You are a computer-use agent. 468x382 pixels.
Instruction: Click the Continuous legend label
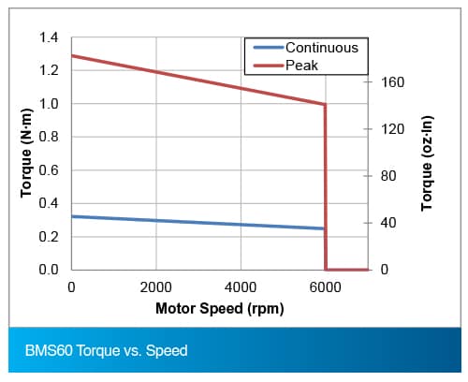click(322, 48)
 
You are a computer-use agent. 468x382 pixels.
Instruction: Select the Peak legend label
click(301, 66)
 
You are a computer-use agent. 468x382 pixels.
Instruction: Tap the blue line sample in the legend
click(269, 48)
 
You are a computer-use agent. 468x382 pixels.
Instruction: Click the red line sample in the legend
click(269, 66)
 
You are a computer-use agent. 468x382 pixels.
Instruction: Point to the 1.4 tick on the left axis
click(49, 37)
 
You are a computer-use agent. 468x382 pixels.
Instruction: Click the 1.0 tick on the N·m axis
click(49, 104)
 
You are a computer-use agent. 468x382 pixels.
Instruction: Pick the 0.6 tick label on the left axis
click(49, 170)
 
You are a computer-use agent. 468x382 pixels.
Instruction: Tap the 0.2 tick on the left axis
click(49, 237)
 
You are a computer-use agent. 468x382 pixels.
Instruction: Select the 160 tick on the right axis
click(392, 82)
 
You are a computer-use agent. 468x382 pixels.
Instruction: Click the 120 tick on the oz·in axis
click(392, 129)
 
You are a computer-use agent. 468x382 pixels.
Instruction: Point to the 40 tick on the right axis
click(388, 223)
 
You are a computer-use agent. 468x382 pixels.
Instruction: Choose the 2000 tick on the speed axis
click(156, 287)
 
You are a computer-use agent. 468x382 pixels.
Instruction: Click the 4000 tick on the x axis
click(241, 287)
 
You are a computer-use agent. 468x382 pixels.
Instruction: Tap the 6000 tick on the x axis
click(325, 287)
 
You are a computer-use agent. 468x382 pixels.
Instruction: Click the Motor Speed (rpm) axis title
click(220, 309)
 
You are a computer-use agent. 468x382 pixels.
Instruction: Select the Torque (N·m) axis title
click(26, 153)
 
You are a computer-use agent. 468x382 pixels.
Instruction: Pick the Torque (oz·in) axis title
click(427, 163)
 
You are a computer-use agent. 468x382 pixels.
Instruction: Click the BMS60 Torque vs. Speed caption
click(106, 350)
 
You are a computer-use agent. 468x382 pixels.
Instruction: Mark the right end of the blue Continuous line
click(324, 228)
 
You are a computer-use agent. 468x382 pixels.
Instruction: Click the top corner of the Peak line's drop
click(326, 105)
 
